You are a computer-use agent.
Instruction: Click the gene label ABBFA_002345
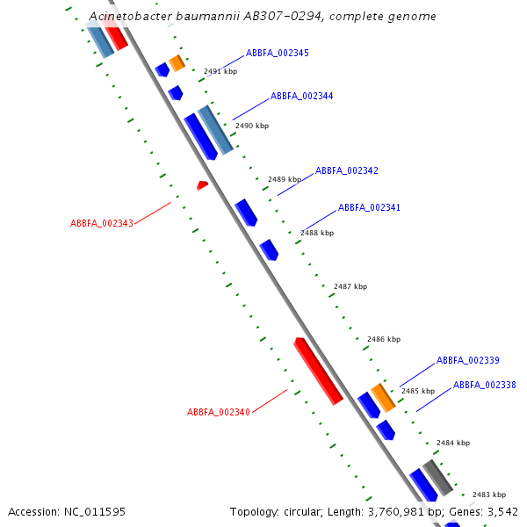(x=277, y=54)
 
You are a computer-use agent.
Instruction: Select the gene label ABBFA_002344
(x=301, y=97)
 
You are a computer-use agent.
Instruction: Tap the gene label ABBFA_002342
(x=346, y=170)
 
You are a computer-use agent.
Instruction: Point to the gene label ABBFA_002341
(x=369, y=208)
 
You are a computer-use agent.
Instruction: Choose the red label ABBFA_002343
(x=102, y=223)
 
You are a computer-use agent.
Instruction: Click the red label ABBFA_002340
(x=219, y=413)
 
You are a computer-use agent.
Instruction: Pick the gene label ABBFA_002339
(x=467, y=360)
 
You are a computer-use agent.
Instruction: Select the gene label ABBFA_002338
(x=484, y=386)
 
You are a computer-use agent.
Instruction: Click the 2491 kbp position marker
(x=220, y=72)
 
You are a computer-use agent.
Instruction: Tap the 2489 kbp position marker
(x=284, y=179)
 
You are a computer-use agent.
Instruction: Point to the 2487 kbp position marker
(x=350, y=287)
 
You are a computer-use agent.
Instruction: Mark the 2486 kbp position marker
(x=383, y=339)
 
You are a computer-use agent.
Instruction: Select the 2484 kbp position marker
(x=452, y=444)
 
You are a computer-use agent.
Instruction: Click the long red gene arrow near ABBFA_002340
(x=318, y=371)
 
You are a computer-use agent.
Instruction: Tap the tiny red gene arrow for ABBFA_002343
(x=202, y=185)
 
